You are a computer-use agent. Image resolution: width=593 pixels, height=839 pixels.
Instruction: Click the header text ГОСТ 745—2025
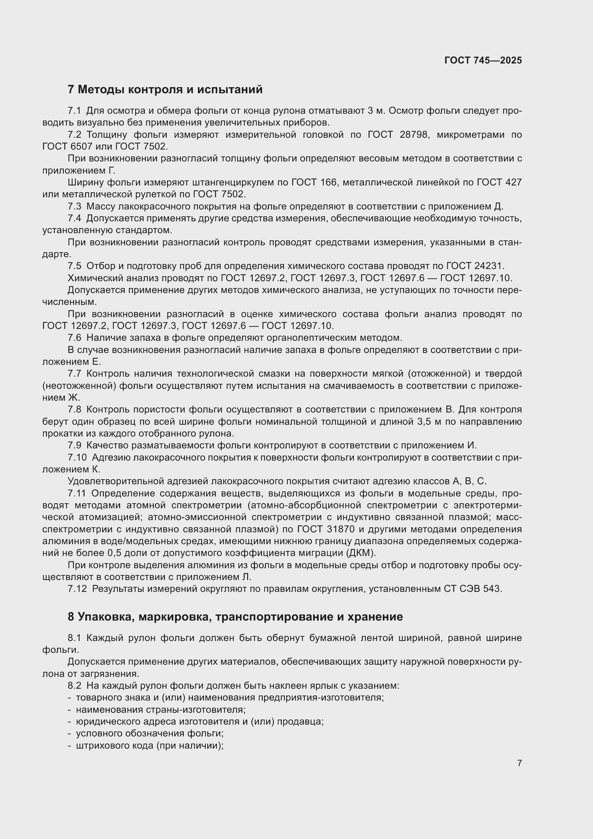483,60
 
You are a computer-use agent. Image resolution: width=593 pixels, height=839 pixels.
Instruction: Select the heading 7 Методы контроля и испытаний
165,90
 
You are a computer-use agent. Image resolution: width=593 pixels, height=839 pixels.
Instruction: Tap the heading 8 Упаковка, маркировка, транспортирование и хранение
235,617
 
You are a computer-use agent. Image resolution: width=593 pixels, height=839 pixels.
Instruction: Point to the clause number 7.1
75,111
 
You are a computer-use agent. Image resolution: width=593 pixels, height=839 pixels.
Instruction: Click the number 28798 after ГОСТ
413,135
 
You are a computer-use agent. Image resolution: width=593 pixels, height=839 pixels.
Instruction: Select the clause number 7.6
75,338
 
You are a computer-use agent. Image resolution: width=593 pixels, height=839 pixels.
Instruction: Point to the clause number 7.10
77,457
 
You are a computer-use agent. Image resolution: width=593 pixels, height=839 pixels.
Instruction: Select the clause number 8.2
75,685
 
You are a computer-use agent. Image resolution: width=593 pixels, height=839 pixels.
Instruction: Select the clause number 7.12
77,589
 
